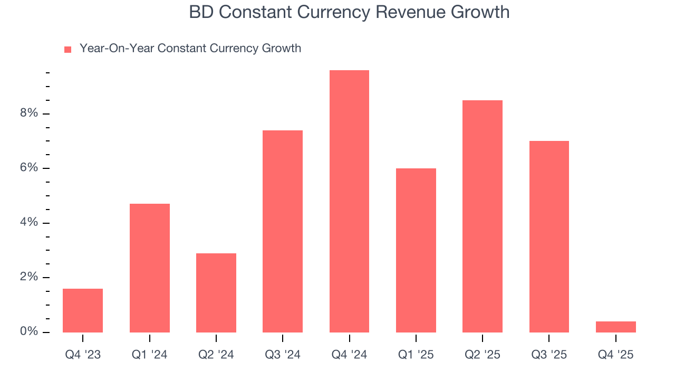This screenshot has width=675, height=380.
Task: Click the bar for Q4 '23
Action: click(83, 310)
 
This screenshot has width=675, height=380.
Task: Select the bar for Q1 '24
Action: click(150, 268)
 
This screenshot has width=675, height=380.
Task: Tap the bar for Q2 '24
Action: click(216, 293)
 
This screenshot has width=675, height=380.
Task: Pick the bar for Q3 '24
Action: click(283, 231)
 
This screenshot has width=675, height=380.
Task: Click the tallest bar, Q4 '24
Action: click(349, 201)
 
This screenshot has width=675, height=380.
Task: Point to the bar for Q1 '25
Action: click(416, 250)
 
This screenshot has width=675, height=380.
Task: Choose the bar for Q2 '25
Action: click(483, 216)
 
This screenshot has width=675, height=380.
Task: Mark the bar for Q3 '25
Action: click(549, 236)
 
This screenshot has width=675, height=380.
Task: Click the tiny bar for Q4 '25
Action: click(616, 327)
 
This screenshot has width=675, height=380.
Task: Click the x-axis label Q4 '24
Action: click(349, 355)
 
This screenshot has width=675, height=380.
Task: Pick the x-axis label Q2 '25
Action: click(483, 355)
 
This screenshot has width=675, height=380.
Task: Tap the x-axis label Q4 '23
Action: click(83, 355)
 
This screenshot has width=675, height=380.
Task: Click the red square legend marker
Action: click(67, 50)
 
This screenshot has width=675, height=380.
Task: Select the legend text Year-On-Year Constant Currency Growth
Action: click(190, 49)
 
